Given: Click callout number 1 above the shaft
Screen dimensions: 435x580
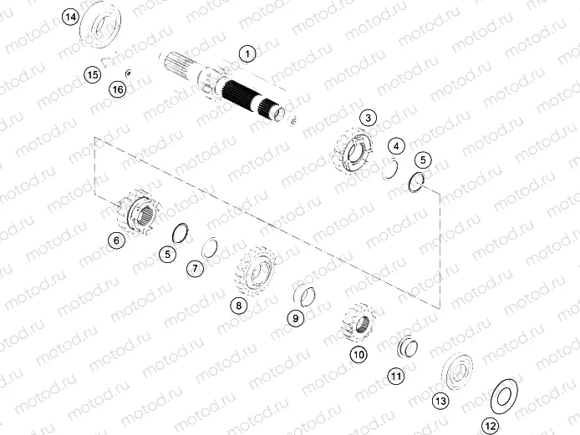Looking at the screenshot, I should tap(247, 54).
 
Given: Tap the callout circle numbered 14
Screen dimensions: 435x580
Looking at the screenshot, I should tap(71, 18).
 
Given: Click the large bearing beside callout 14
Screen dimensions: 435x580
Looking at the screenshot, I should tap(104, 28).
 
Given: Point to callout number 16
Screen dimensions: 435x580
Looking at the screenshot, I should tap(118, 89).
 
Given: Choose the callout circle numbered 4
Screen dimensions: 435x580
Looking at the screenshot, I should tap(397, 145).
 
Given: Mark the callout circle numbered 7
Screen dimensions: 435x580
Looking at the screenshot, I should tap(195, 269).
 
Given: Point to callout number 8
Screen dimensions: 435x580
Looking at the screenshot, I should tap(239, 306).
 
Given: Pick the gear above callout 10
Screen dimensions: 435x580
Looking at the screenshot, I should tap(358, 321).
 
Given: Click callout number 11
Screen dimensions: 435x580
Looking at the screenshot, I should tap(396, 377).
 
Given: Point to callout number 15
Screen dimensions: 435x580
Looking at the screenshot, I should tap(93, 75).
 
